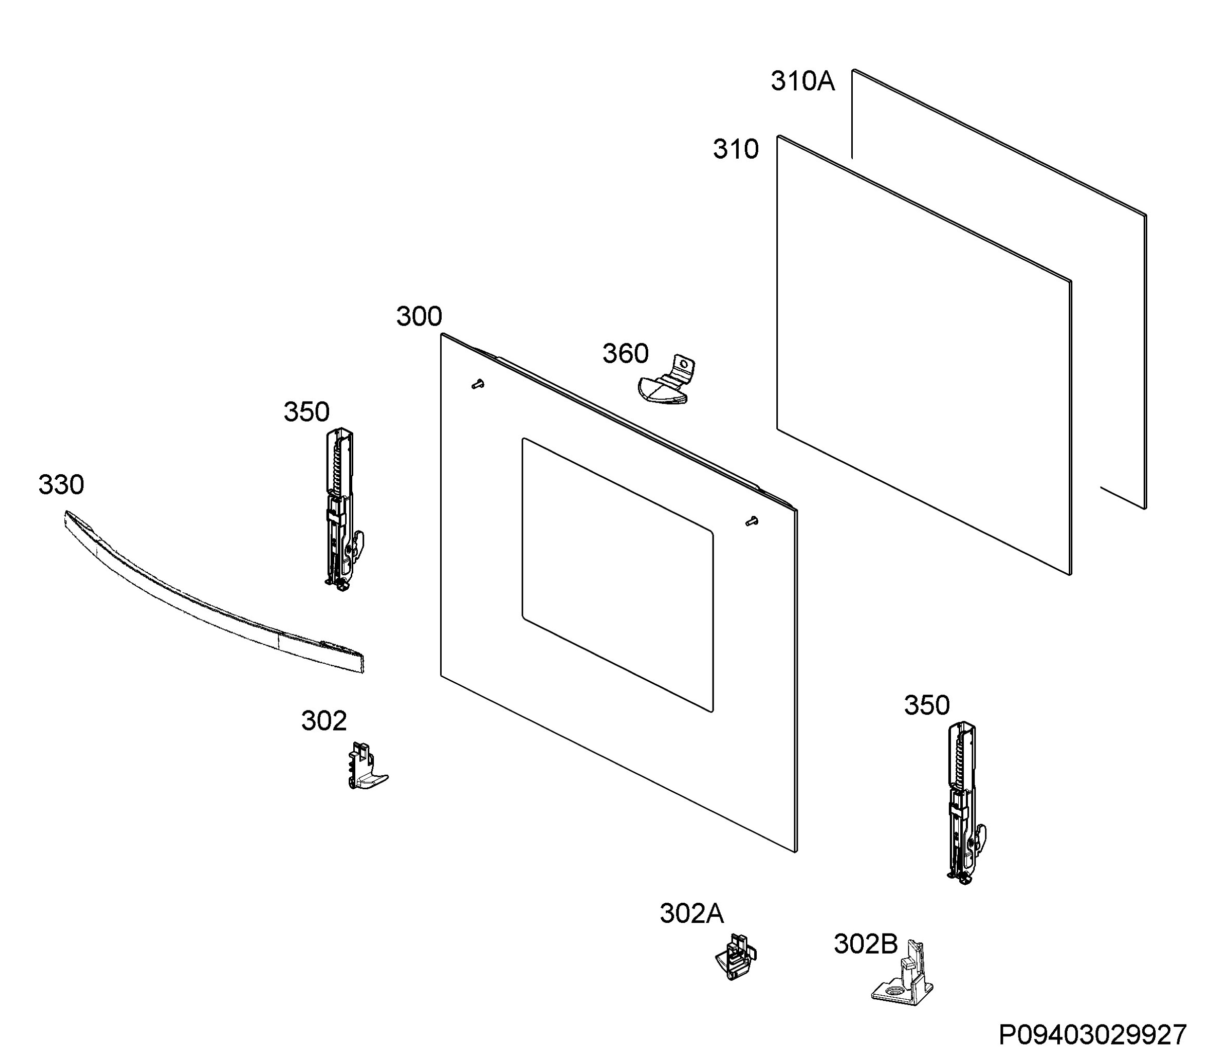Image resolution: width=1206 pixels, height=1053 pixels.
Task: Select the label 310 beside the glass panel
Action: click(736, 149)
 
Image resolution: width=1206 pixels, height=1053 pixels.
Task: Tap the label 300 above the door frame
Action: click(419, 317)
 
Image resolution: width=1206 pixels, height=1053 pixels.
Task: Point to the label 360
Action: click(625, 354)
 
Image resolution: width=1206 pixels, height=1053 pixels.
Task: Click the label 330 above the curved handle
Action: click(61, 485)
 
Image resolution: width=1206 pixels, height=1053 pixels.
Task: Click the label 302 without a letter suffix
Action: click(324, 721)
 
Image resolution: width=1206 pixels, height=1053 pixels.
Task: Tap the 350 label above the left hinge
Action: click(306, 412)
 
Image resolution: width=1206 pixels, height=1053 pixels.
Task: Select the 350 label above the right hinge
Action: click(927, 705)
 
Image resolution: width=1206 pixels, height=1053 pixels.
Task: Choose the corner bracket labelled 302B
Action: click(902, 973)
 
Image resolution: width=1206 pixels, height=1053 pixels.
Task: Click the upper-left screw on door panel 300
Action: click(478, 384)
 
